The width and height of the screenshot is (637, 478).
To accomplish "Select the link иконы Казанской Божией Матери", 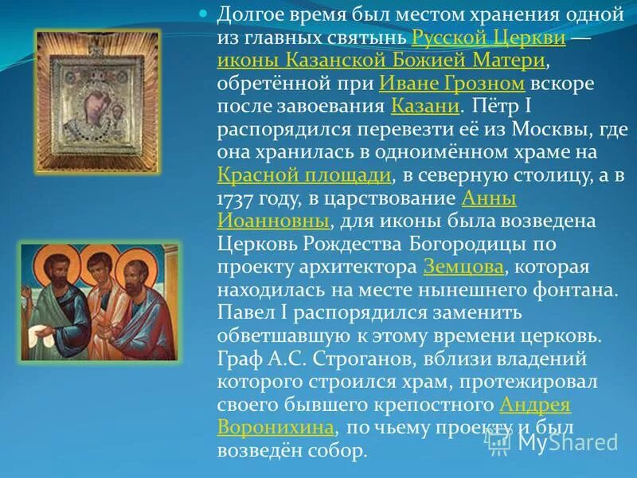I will pos(381,61).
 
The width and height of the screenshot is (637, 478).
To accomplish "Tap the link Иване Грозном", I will pos(451,84).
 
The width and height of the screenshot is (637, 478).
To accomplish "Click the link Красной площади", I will pos(303,175).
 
